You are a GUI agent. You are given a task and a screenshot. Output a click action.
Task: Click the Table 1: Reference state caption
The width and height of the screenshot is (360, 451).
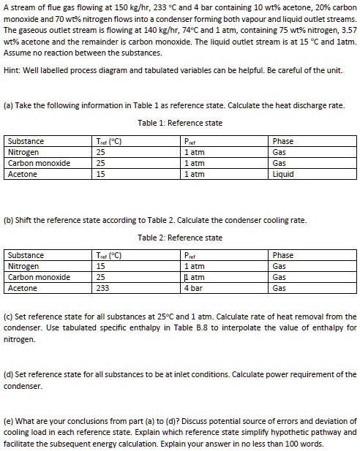(179, 122)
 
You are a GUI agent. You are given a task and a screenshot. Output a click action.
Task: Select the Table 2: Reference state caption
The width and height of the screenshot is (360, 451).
(179, 238)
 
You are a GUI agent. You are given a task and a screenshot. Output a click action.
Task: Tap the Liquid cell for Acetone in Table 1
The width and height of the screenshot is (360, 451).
(282, 174)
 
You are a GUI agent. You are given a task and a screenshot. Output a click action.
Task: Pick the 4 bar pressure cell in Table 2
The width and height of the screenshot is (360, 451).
(192, 289)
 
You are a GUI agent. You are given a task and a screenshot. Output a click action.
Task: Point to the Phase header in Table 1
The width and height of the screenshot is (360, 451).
(282, 141)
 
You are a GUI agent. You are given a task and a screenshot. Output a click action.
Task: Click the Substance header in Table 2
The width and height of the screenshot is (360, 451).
(25, 256)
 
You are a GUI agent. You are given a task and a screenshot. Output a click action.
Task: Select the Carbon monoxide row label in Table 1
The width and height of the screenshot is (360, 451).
(38, 163)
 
